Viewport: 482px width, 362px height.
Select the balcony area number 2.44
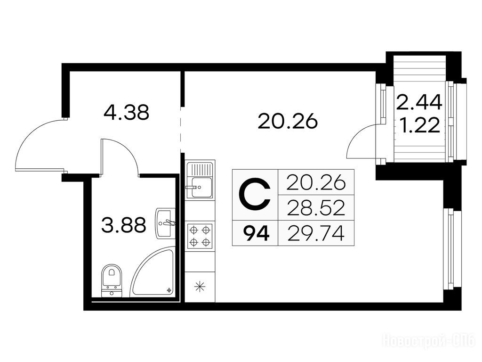(419, 102)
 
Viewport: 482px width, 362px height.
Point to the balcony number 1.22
(421, 125)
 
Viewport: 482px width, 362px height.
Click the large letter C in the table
(255, 195)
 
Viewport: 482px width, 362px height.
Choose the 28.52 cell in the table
(316, 207)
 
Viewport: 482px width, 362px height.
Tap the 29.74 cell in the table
(316, 233)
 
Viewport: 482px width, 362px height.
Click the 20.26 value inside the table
(316, 182)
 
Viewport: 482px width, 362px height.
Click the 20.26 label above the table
(288, 121)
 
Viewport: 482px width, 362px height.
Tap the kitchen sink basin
(201, 188)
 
